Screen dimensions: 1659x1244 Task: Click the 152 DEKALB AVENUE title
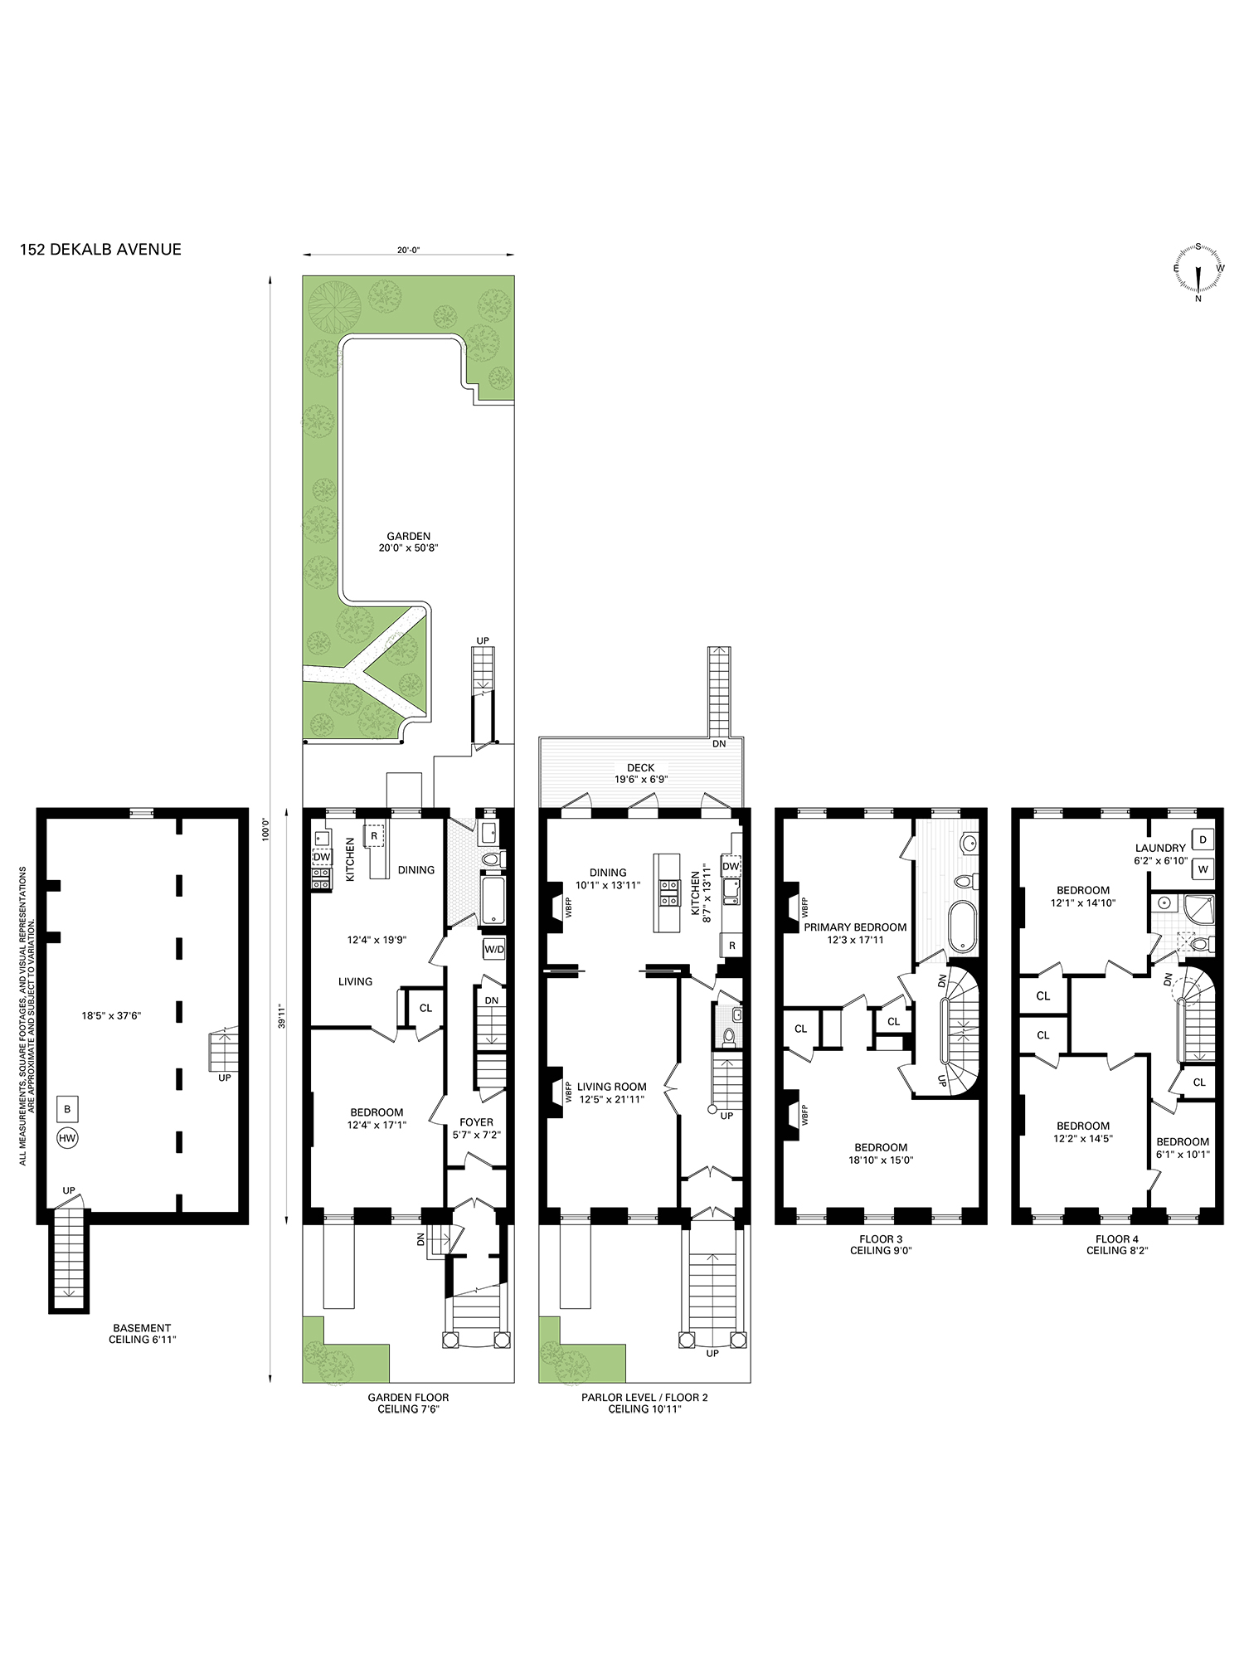pyautogui.click(x=100, y=250)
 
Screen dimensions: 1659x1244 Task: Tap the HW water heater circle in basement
pyautogui.click(x=67, y=1138)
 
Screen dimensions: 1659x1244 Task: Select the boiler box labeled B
pyautogui.click(x=67, y=1109)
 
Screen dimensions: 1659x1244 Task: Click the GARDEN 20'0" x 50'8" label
pyautogui.click(x=408, y=542)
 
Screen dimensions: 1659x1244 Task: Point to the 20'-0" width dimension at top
pyautogui.click(x=408, y=250)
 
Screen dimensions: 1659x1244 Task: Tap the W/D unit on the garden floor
pyautogui.click(x=494, y=949)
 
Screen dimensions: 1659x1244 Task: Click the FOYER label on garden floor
pyautogui.click(x=476, y=1122)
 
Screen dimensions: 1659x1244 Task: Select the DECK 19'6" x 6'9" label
pyautogui.click(x=640, y=773)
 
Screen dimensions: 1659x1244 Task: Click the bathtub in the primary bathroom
pyautogui.click(x=964, y=926)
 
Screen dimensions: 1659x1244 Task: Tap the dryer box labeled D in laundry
pyautogui.click(x=1203, y=839)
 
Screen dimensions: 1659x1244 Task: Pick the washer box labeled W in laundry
pyautogui.click(x=1203, y=869)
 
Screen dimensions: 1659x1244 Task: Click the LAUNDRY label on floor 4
pyautogui.click(x=1160, y=849)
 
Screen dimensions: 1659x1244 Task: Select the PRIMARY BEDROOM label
pyautogui.click(x=855, y=927)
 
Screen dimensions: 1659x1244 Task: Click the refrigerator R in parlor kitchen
pyautogui.click(x=731, y=946)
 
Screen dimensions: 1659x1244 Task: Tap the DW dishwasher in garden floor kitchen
pyautogui.click(x=322, y=857)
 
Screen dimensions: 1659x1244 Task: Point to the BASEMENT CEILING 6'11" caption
pyautogui.click(x=142, y=1333)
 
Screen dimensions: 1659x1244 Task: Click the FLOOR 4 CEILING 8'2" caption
pyautogui.click(x=1116, y=1244)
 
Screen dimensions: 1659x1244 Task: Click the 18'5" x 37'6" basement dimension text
pyautogui.click(x=111, y=1015)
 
